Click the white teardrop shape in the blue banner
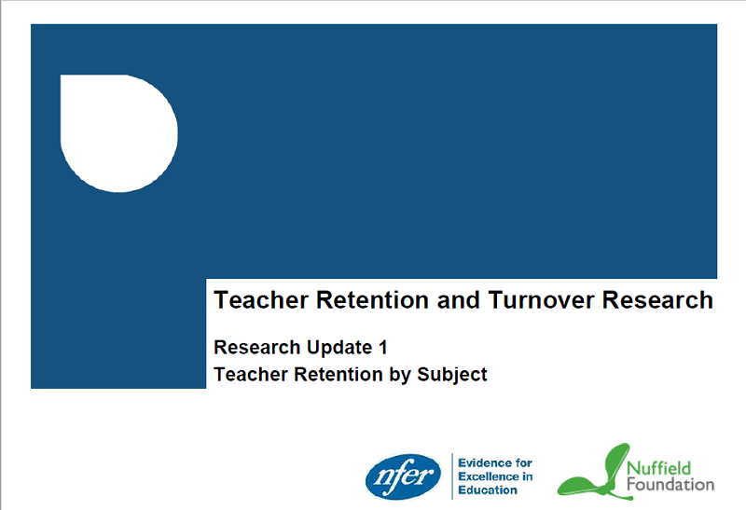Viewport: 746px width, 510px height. click(x=119, y=133)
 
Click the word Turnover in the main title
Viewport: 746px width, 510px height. click(x=542, y=300)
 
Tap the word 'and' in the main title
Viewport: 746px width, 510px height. click(x=458, y=300)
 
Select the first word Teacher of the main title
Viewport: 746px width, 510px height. click(x=261, y=300)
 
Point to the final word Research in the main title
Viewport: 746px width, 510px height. click(x=658, y=300)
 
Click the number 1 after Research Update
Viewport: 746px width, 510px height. click(x=382, y=347)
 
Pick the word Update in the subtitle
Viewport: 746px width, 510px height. click(x=339, y=348)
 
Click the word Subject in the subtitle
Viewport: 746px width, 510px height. click(x=452, y=375)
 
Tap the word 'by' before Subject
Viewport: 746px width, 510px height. click(x=400, y=375)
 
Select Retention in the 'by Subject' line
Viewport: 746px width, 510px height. click(x=338, y=375)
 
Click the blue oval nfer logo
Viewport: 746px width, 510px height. click(x=404, y=476)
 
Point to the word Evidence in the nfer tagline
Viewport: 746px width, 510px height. click(x=482, y=462)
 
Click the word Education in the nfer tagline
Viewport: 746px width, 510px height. click(x=488, y=490)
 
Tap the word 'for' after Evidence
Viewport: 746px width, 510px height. click(x=521, y=462)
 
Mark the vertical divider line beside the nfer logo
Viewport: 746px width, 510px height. click(x=452, y=476)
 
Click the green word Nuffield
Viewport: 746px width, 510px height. click(x=658, y=468)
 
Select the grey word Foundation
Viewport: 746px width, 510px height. click(x=670, y=485)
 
